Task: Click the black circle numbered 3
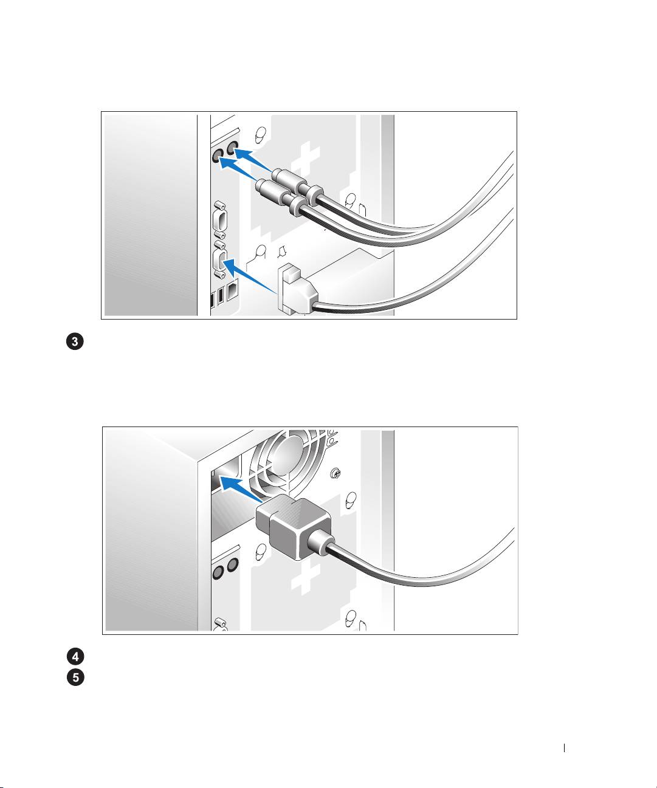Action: (x=75, y=342)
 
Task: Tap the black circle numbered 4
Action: (x=75, y=657)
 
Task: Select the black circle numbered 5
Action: (x=75, y=677)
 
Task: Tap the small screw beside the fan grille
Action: (x=335, y=472)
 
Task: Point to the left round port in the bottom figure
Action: (x=218, y=574)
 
